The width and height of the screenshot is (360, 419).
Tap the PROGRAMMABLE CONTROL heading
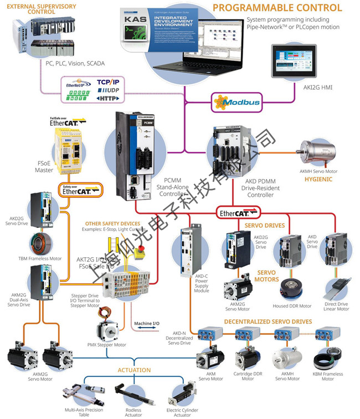pos(277,8)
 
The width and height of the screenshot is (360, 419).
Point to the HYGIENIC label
pos(320,180)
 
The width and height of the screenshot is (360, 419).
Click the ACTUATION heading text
pos(134,370)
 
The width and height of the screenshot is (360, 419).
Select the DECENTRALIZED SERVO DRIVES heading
pos(268,321)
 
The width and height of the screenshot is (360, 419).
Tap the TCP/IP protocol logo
pos(107,81)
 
